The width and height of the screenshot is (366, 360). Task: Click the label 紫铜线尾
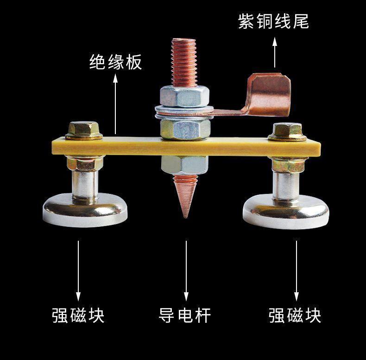pyautogui.click(x=273, y=21)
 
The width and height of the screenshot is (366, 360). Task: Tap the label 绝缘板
pyautogui.click(x=115, y=62)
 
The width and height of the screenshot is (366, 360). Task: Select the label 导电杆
pyautogui.click(x=185, y=315)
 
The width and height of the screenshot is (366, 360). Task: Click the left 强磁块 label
pyautogui.click(x=78, y=315)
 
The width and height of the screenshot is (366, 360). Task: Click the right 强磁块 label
pyautogui.click(x=295, y=315)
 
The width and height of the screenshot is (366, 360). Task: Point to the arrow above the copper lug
pyautogui.click(x=275, y=52)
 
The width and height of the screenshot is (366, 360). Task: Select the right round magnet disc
pyautogui.click(x=286, y=212)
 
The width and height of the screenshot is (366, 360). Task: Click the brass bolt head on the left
pyautogui.click(x=84, y=130)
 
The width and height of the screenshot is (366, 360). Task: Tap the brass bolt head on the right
pyautogui.click(x=287, y=131)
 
